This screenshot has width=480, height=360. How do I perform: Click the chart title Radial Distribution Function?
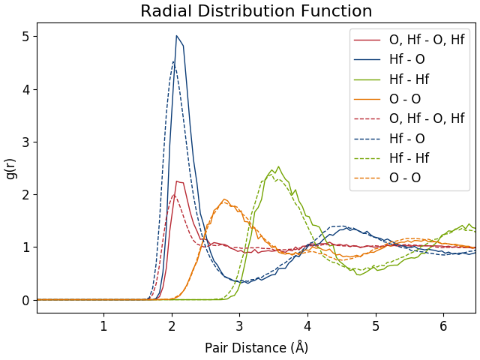click(x=256, y=11)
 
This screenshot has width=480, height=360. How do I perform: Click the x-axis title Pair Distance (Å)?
click(x=256, y=348)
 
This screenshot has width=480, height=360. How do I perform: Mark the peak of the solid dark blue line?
click(x=177, y=36)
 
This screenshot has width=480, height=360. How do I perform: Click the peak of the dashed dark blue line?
click(x=173, y=61)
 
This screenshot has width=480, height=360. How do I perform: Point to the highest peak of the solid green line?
click(x=278, y=166)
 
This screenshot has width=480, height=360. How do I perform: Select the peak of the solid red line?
click(x=177, y=181)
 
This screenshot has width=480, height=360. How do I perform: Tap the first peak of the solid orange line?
click(x=224, y=199)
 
